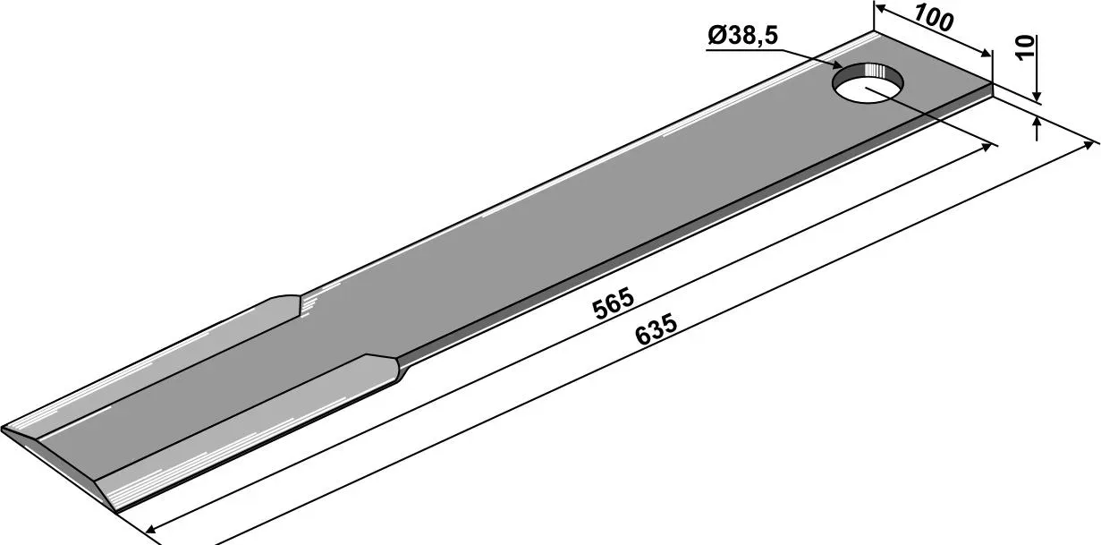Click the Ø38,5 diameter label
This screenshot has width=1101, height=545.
742,36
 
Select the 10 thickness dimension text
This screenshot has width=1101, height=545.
1025,48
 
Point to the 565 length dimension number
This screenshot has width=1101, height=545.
614,305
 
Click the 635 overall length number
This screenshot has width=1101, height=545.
656,330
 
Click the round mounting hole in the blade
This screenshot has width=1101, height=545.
868,82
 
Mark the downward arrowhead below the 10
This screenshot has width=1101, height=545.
1037,96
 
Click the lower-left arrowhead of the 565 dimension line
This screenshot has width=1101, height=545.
151,529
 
